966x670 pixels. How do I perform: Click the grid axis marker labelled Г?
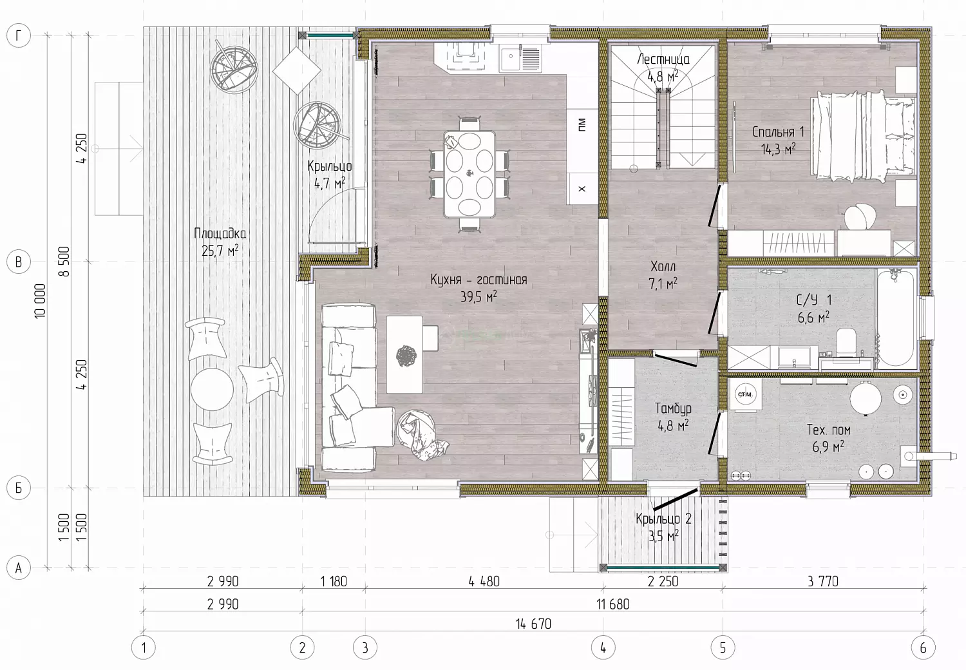(x=19, y=35)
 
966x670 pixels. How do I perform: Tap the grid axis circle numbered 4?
(x=603, y=647)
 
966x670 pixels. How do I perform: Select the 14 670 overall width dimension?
(x=533, y=624)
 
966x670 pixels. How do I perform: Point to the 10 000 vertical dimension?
(x=40, y=301)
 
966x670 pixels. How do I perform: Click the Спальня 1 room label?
(x=778, y=131)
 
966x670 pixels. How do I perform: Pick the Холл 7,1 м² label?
(x=663, y=275)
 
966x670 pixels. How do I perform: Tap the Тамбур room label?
(x=673, y=408)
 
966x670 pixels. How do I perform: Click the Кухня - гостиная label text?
(x=478, y=280)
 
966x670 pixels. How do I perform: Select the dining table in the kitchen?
(x=469, y=175)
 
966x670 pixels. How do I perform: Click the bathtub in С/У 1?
(x=895, y=318)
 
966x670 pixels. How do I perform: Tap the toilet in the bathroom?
(x=847, y=343)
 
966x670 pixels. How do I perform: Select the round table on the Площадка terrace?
(x=212, y=389)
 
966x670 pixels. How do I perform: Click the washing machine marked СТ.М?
(x=746, y=395)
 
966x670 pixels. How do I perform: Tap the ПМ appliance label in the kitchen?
(x=582, y=125)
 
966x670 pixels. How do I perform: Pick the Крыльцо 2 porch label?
(x=663, y=519)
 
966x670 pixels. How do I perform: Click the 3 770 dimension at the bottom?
(x=823, y=582)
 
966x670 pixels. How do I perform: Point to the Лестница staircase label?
(x=663, y=59)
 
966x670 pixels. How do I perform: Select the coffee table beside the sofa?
(x=404, y=354)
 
